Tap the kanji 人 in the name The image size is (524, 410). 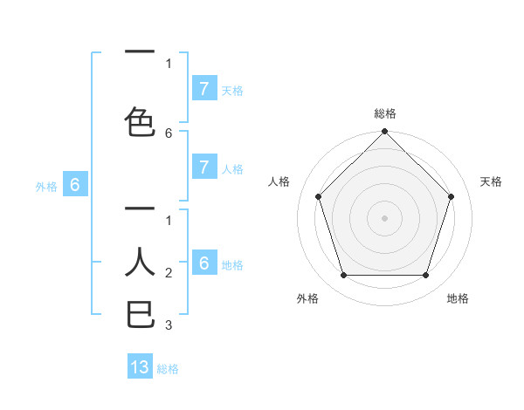[141, 262]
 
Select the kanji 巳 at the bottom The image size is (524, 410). [141, 314]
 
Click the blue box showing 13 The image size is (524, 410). [140, 367]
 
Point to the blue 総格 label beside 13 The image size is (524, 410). [168, 369]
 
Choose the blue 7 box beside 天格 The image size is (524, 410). [203, 88]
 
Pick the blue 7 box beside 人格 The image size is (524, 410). [203, 167]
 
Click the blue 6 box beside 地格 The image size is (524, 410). [203, 263]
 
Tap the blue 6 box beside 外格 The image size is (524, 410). [75, 185]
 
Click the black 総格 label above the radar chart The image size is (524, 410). [384, 113]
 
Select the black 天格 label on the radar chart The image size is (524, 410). [491, 181]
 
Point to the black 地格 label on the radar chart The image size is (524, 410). [458, 298]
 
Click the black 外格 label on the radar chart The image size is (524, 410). [307, 298]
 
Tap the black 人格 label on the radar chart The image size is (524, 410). [279, 181]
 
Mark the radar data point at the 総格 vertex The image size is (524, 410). [384, 133]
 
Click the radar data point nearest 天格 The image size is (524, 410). [451, 196]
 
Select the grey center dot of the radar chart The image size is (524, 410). [384, 218]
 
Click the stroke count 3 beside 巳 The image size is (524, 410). [169, 325]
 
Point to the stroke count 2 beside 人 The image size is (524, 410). [169, 273]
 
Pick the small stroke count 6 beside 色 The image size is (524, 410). [169, 133]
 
